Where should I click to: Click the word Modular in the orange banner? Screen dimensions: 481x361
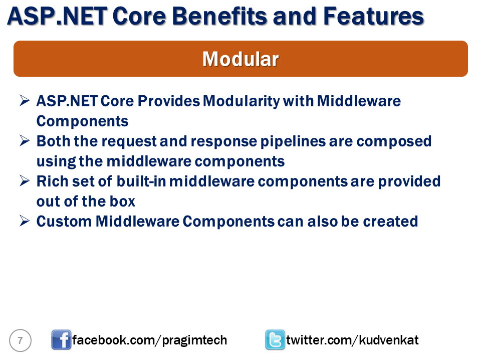[x=241, y=59]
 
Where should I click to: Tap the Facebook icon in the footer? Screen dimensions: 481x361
[x=61, y=340]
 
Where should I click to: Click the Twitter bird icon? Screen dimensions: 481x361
[x=275, y=340]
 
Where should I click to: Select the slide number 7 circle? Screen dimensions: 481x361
[x=20, y=340]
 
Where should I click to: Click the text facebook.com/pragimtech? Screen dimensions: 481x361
[x=150, y=340]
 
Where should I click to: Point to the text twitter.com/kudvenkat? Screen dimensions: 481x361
[x=352, y=340]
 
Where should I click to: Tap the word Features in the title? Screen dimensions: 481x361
[x=373, y=16]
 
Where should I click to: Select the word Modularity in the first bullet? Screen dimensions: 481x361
[x=242, y=101]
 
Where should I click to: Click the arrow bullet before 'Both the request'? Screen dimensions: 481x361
[x=25, y=140]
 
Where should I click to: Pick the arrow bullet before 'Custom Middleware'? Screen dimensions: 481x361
[x=25, y=221]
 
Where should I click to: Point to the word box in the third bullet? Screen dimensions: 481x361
[x=122, y=202]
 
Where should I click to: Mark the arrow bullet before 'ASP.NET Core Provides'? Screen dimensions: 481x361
[x=25, y=100]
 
